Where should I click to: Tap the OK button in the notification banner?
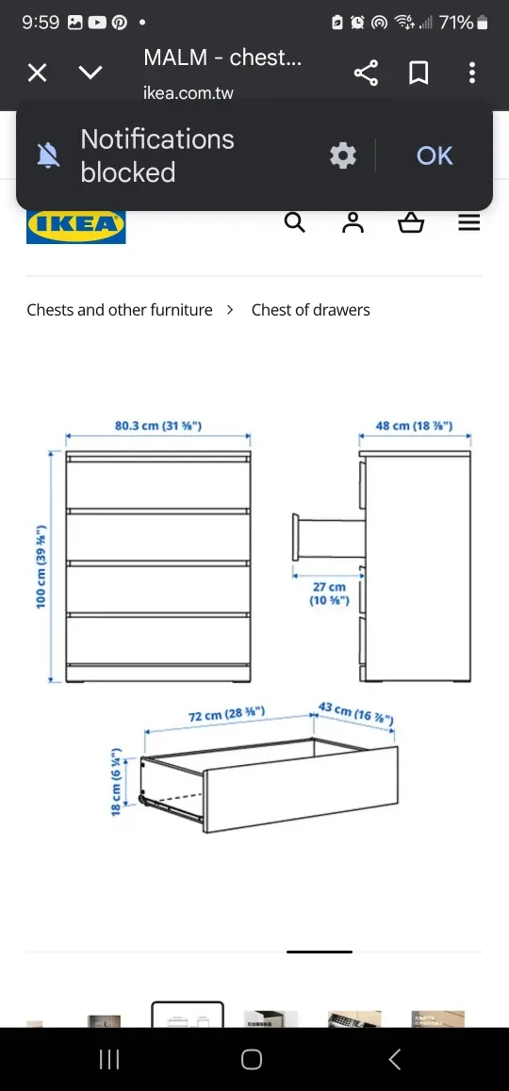tap(435, 155)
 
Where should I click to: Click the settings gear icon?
tap(343, 155)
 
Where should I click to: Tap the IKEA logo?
tap(75, 226)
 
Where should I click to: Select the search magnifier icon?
tap(295, 222)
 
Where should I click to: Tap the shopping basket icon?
tap(411, 223)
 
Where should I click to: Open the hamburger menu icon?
tap(468, 223)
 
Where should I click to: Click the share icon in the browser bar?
tap(366, 73)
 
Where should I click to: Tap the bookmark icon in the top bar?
tap(419, 73)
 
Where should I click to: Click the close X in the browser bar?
tap(37, 73)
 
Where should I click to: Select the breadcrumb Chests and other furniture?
tap(120, 310)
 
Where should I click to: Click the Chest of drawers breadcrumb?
tap(310, 310)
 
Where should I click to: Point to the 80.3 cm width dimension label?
tap(157, 426)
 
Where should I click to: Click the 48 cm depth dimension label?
tap(414, 426)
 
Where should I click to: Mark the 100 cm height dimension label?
tap(41, 566)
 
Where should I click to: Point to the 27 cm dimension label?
tap(329, 594)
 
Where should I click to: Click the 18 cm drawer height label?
tap(116, 782)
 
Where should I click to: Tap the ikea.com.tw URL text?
tap(189, 93)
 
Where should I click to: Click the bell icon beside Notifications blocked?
tap(48, 155)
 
